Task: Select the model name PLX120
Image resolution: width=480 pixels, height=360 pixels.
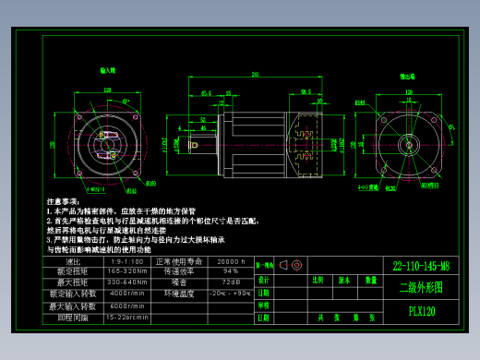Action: (422, 312)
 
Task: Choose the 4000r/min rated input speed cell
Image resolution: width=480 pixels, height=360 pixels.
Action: (127, 294)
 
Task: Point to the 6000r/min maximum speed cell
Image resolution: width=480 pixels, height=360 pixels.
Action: (127, 306)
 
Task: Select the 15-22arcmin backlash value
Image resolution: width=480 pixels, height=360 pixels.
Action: (127, 317)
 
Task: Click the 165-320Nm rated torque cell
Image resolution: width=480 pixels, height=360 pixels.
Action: (127, 272)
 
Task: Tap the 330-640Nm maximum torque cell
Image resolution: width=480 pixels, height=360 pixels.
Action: (127, 282)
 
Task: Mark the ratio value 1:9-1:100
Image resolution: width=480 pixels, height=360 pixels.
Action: (127, 262)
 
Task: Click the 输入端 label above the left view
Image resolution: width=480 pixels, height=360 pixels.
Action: (108, 69)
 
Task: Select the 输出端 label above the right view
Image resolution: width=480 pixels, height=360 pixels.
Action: (405, 77)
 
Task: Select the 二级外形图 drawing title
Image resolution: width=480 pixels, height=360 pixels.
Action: (421, 288)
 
